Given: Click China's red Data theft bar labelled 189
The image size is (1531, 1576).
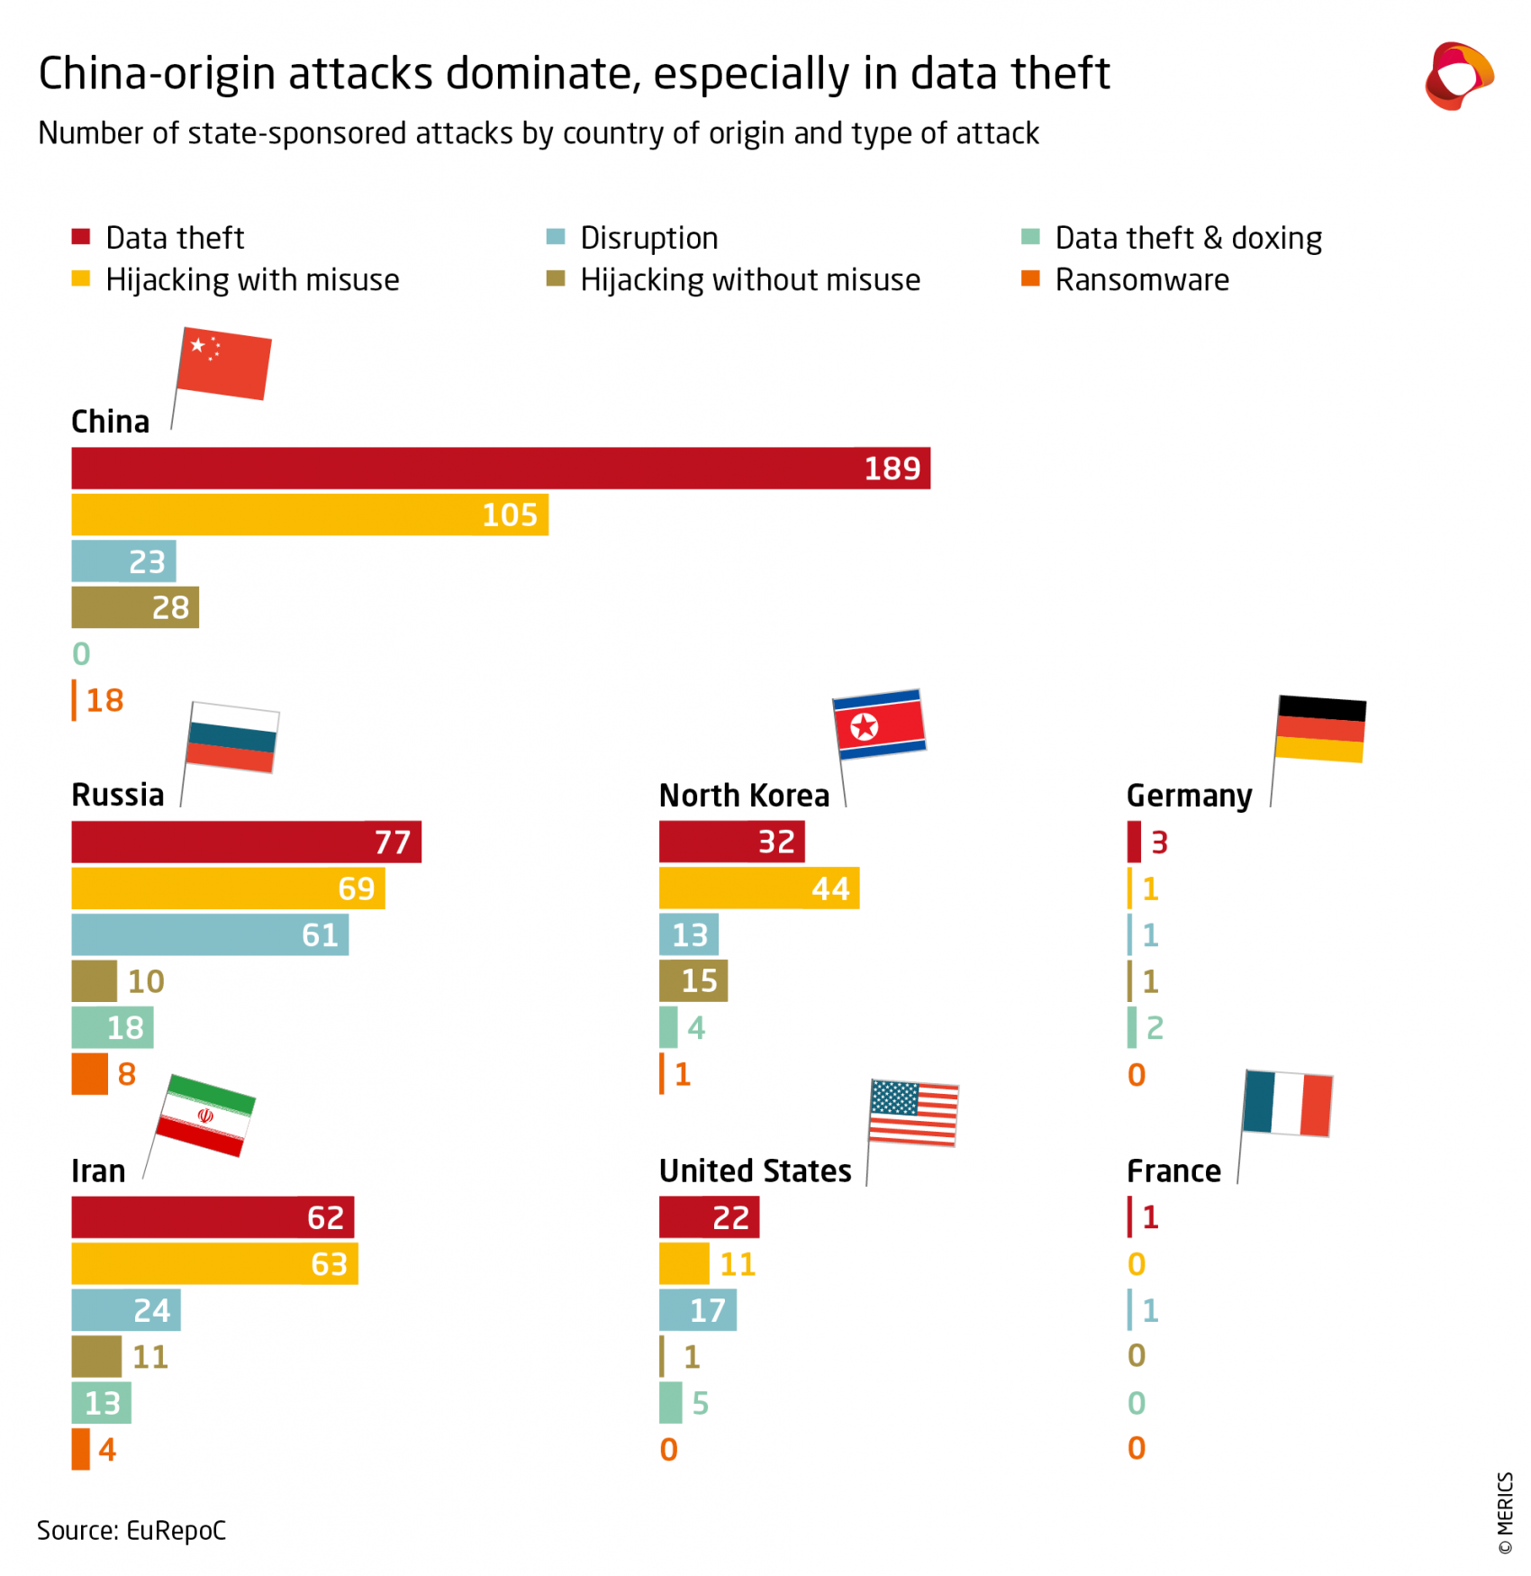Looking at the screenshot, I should [500, 469].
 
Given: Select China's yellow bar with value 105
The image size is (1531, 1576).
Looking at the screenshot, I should [309, 515].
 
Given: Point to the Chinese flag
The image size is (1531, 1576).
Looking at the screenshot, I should [224, 363].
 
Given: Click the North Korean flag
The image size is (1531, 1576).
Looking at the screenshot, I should [879, 724].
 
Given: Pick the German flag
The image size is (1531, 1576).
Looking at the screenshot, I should [1320, 729].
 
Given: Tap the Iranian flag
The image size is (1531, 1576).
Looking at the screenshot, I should [206, 1115].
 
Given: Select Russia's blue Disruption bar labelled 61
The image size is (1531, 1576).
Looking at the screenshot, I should [209, 935].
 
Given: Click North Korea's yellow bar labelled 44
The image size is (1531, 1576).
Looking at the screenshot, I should [758, 888].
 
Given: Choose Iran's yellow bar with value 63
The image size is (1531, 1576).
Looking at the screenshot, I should [214, 1264].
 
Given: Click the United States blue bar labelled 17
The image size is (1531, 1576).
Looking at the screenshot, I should [697, 1310].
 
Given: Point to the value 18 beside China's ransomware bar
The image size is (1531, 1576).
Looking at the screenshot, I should [104, 700].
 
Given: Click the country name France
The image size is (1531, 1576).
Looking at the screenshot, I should [1173, 1171].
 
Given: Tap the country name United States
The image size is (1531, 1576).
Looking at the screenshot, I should [755, 1171].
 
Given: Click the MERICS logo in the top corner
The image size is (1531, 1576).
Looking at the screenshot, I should [1458, 76].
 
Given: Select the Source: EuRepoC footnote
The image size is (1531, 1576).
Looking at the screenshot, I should [131, 1531].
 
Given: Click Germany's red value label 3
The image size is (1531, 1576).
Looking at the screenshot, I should [1159, 843].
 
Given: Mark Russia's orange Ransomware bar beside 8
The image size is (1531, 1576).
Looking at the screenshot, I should [89, 1074].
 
